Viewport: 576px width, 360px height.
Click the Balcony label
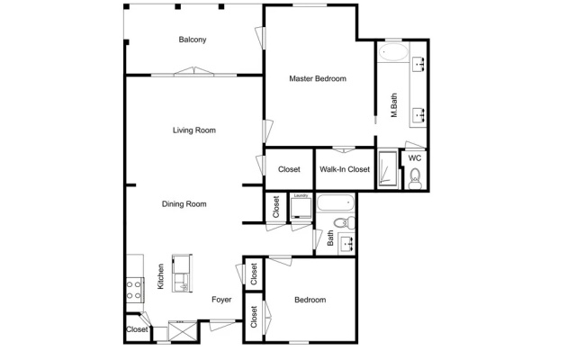pos(192,40)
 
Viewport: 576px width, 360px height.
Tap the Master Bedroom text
pos(318,78)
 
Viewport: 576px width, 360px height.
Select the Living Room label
pos(194,130)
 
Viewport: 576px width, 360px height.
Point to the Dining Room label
pos(184,204)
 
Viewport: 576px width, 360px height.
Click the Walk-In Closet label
pos(345,169)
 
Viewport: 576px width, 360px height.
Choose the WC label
pos(415,158)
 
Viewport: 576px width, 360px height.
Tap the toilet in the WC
pos(415,179)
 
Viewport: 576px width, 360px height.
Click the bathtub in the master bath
pos(393,52)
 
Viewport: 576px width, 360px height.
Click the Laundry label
pos(301,196)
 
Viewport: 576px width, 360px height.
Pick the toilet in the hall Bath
pos(344,222)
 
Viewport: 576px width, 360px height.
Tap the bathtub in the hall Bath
pos(336,202)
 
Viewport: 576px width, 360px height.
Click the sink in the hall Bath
pos(346,243)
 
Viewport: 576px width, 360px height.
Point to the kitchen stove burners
pos(134,290)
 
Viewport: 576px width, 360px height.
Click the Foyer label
pos(221,300)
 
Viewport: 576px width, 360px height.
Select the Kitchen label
pos(161,276)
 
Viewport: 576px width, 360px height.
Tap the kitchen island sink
pos(182,283)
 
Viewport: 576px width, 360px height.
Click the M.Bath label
pos(394,105)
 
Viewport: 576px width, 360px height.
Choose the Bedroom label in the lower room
pos(310,300)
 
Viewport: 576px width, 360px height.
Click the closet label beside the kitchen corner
pos(137,329)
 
